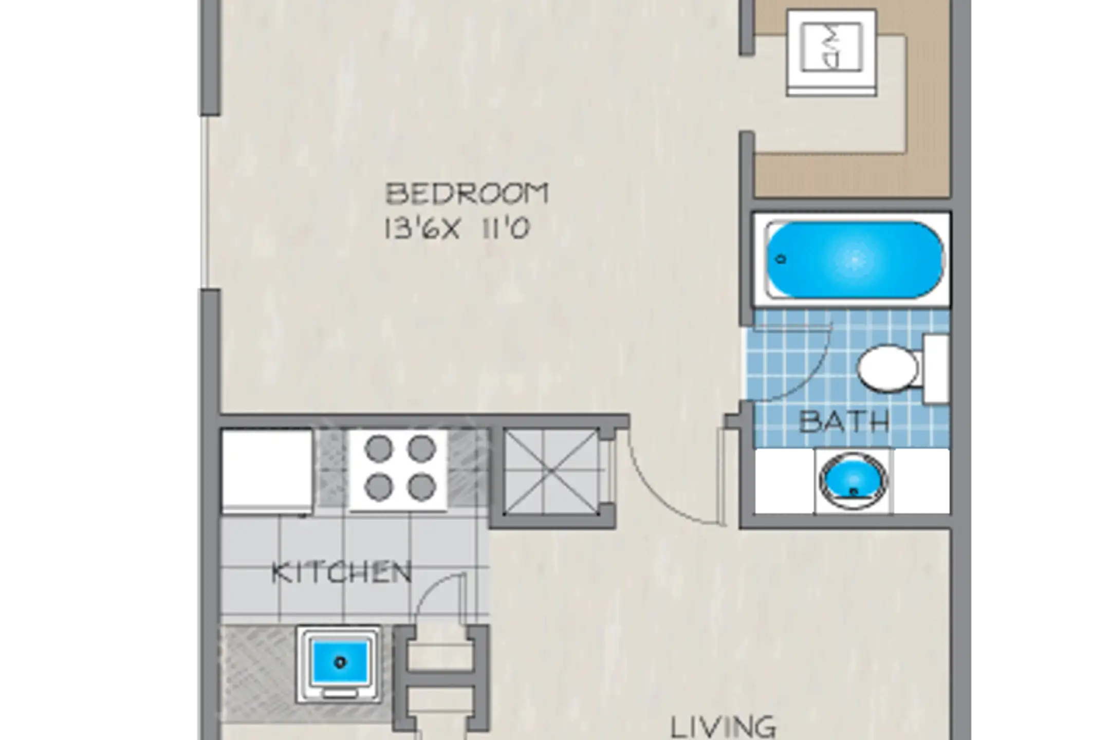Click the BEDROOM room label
[x=467, y=194]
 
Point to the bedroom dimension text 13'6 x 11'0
[x=457, y=228]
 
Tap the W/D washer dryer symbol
[x=831, y=52]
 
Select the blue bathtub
[x=854, y=260]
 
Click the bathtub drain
[x=782, y=260]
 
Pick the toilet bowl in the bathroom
[x=887, y=368]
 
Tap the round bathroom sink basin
[x=853, y=480]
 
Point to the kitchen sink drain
[x=340, y=662]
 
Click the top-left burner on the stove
[x=379, y=449]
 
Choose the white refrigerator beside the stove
[x=267, y=471]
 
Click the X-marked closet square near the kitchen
[x=550, y=471]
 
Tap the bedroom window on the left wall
[x=205, y=201]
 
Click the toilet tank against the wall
[x=935, y=368]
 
